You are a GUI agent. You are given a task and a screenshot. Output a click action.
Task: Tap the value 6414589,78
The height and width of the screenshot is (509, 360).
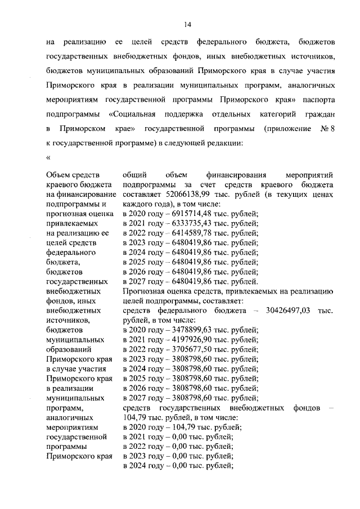(x=180, y=233)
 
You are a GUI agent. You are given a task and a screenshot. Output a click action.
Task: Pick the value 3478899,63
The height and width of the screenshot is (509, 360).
(x=180, y=330)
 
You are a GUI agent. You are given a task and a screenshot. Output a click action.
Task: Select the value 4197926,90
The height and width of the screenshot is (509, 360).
(x=180, y=340)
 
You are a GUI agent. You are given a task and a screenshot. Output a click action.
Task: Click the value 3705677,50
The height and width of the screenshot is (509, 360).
(x=180, y=350)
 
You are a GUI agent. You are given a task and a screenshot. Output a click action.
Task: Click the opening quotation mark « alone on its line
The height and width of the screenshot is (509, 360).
(x=48, y=157)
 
